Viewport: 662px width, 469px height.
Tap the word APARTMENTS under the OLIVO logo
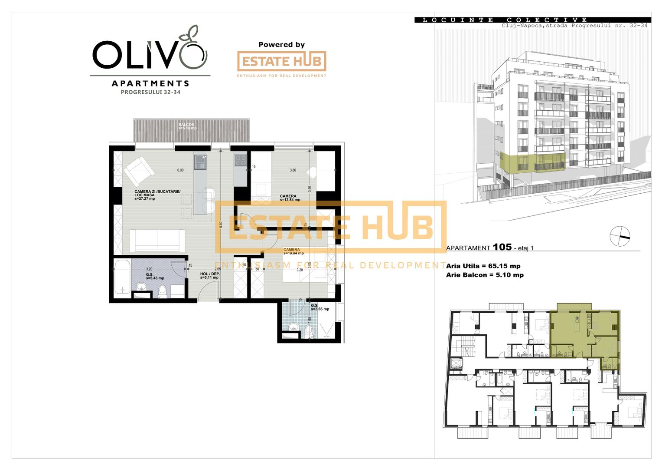150,83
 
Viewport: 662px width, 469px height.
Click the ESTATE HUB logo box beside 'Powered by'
281,61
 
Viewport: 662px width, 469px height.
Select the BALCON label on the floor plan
186,125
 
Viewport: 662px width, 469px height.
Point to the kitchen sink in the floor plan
200,162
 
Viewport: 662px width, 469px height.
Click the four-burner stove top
240,160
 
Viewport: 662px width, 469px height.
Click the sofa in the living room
157,240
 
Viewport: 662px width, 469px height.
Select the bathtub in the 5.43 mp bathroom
122,277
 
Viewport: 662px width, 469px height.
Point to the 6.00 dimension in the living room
180,170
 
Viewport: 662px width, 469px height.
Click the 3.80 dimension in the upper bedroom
293,170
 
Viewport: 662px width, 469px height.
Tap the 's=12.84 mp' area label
290,200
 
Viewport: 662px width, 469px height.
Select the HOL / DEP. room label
210,274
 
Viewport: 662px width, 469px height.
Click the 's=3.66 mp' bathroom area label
320,309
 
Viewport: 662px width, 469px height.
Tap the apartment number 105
502,247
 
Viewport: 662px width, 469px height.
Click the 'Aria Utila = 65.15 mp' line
483,266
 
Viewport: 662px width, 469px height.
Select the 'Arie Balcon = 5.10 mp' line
485,275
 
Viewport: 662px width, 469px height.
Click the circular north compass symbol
620,236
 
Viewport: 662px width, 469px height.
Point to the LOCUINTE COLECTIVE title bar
532,20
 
